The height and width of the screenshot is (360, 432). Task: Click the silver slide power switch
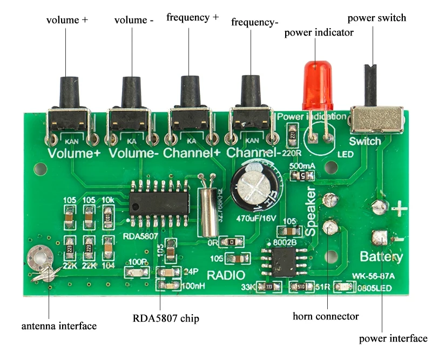tap(376, 119)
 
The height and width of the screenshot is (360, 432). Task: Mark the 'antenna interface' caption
tap(59, 326)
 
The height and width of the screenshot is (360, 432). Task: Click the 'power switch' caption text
tap(376, 18)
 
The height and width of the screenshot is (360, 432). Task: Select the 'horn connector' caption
tap(325, 316)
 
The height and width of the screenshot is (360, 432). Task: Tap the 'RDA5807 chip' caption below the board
tap(166, 318)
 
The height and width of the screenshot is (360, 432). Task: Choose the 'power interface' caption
tap(393, 338)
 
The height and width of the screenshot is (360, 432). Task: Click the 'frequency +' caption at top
tap(192, 17)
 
